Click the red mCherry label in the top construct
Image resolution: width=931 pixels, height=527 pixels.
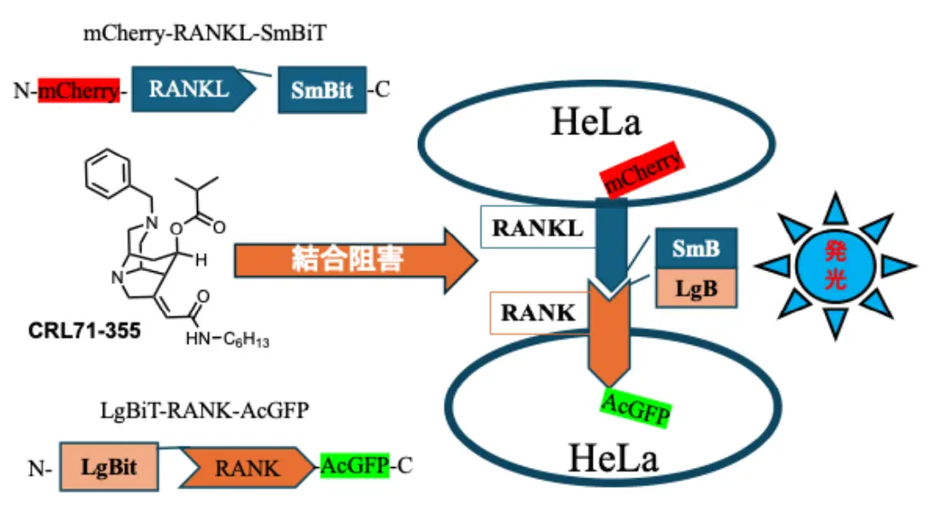point(79,90)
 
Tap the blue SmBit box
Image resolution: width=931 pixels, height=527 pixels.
point(322,90)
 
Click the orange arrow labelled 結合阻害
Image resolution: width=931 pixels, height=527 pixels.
point(355,258)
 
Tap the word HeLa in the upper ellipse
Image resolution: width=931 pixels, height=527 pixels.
point(597,123)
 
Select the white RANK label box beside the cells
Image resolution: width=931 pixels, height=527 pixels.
point(538,312)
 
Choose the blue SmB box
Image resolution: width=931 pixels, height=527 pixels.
point(695,249)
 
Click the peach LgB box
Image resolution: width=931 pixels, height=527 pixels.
point(695,288)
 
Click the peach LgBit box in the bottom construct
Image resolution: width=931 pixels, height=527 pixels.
point(110,467)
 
